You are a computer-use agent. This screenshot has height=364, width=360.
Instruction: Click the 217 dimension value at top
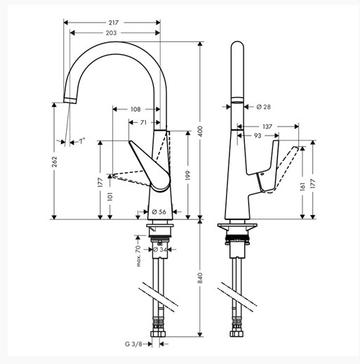point(114,22)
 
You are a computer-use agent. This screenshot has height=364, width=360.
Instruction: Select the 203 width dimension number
point(111,33)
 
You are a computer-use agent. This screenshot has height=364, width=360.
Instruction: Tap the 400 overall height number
point(200,132)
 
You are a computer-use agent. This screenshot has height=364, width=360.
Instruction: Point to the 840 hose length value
point(200,278)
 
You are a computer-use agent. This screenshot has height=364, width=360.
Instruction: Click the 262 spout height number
point(54,162)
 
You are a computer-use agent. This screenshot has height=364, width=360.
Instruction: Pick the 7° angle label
point(81,141)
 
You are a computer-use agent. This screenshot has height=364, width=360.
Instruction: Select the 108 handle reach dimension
point(135,110)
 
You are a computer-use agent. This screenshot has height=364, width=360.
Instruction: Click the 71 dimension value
point(143,122)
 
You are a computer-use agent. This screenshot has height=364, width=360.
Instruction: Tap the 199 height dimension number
point(188,176)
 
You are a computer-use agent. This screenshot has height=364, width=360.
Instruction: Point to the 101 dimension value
point(110,197)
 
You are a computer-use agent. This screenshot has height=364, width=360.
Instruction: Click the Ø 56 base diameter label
point(159,212)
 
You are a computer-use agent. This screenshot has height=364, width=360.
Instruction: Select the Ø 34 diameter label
point(160,249)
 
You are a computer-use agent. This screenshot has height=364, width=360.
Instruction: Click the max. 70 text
point(138,256)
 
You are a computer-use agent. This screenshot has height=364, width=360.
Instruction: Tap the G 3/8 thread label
point(133,344)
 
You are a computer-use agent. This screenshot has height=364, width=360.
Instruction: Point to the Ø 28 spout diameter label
point(263,107)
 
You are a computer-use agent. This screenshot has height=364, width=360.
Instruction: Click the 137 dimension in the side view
point(267,126)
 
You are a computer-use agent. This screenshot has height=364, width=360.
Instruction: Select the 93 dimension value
point(258,136)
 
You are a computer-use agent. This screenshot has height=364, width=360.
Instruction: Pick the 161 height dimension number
point(302,187)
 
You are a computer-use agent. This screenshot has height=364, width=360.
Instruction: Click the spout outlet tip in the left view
point(70,100)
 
